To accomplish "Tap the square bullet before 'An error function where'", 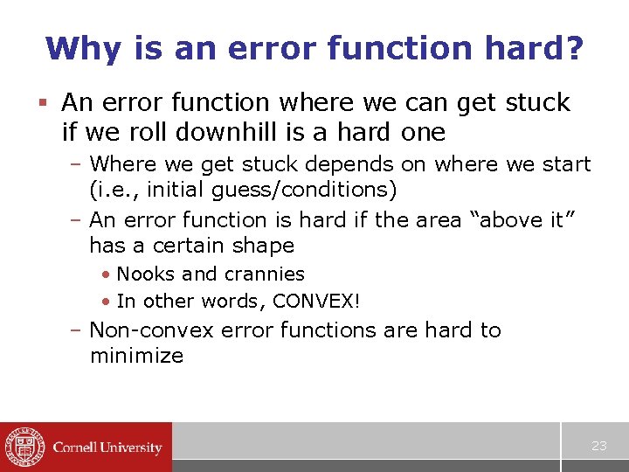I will [x=46, y=103].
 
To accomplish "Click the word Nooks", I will [x=145, y=274].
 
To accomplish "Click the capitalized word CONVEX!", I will [x=317, y=302].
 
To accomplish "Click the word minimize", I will [x=136, y=356].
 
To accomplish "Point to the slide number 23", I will [x=598, y=446].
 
